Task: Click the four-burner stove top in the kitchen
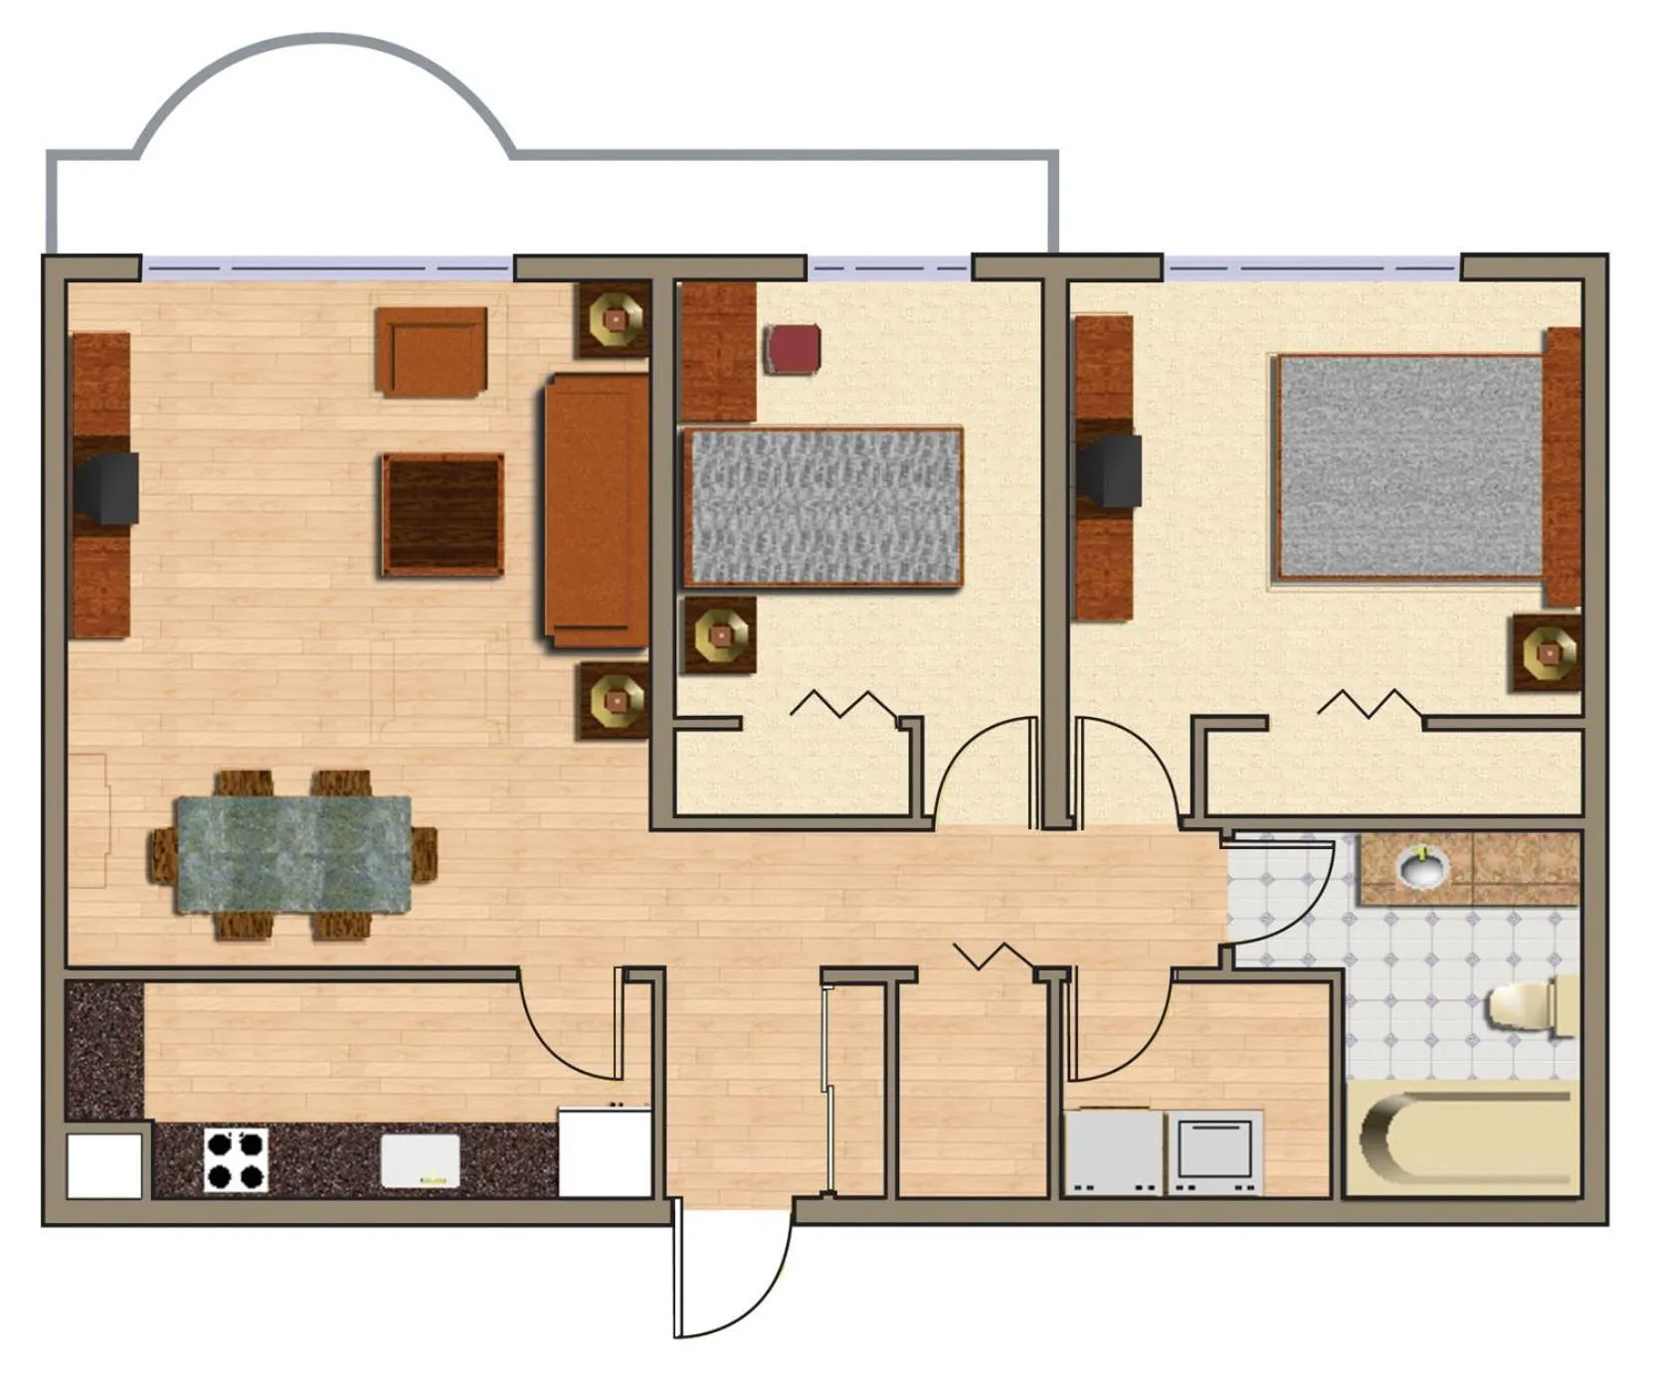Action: tap(237, 1159)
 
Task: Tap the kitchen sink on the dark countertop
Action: tap(421, 1160)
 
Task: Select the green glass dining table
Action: tap(293, 854)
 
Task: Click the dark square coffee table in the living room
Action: tap(443, 515)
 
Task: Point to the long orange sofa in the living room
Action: tap(596, 510)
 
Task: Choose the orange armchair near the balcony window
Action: tap(431, 351)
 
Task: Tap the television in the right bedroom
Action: tap(1113, 471)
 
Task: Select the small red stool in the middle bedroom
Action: tap(793, 349)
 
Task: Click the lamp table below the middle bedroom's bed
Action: tap(717, 634)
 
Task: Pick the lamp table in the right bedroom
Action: tap(1548, 652)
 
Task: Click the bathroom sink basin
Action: tap(1423, 867)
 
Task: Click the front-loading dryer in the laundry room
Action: tap(1214, 1151)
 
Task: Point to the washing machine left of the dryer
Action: tap(1114, 1151)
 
